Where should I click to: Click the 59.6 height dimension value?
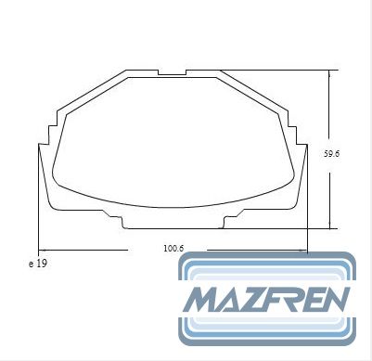(x=331, y=154)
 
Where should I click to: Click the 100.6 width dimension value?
(x=173, y=248)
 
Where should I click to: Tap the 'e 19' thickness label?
(x=38, y=264)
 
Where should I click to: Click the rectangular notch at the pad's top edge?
(x=172, y=72)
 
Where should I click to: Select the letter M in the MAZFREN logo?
(x=205, y=299)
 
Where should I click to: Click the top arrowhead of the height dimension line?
(x=329, y=73)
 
